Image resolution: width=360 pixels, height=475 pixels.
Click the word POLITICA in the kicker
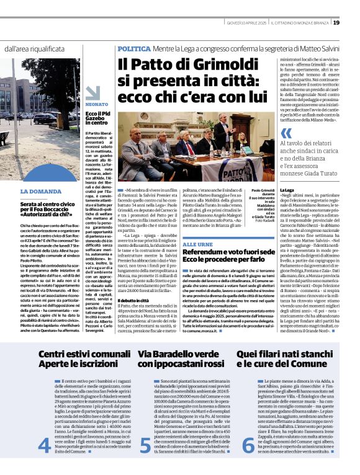click(133, 48)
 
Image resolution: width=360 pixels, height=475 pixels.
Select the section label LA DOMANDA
click(39, 191)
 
